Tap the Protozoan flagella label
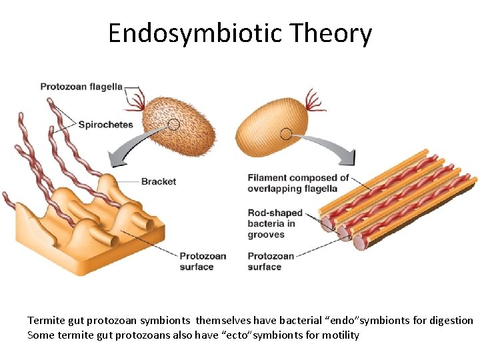[81, 86]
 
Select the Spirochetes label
[105, 124]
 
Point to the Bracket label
[159, 181]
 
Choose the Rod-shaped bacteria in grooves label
[275, 223]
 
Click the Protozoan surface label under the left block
[203, 261]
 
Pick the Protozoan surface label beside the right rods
[271, 261]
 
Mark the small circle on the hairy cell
[173, 124]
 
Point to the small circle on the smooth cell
[286, 134]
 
